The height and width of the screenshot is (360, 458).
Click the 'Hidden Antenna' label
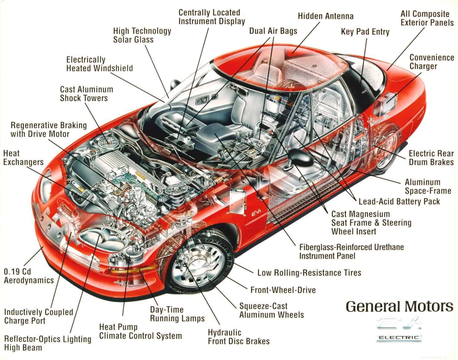(x=325, y=16)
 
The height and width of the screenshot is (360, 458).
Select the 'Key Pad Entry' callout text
(x=365, y=32)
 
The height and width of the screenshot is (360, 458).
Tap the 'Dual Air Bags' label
(x=273, y=31)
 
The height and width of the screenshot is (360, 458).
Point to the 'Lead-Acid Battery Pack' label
(x=399, y=202)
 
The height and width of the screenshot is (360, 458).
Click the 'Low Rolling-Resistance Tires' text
(x=309, y=273)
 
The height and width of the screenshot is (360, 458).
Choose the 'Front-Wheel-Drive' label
(x=283, y=290)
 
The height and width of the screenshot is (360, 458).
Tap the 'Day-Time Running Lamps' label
(x=177, y=314)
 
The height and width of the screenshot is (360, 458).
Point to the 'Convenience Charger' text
(x=431, y=62)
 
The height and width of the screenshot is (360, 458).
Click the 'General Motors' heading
(x=399, y=306)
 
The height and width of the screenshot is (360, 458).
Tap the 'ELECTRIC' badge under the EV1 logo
(x=399, y=338)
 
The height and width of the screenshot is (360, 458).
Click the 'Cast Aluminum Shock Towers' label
(x=86, y=94)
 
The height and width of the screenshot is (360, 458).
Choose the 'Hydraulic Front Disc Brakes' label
(x=238, y=337)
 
